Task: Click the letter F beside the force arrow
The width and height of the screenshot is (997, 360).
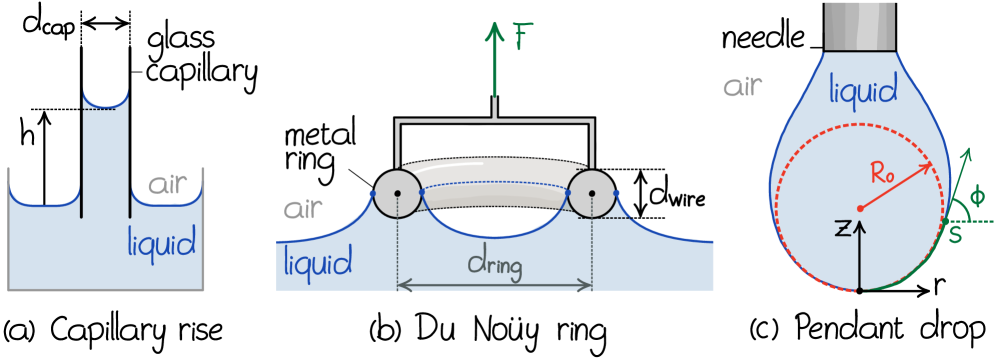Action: pos(521,38)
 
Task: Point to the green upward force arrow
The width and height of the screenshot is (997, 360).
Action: pos(495,70)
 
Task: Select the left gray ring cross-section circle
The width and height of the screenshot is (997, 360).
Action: pos(397,193)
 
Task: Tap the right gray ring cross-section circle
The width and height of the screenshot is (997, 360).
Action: pos(592,193)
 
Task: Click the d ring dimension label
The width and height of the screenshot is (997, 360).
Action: pos(494,267)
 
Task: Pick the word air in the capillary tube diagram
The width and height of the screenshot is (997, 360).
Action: pos(168,185)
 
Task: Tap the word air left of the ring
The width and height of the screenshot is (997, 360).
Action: pos(303,210)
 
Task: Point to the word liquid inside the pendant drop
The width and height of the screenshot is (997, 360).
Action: pos(863,93)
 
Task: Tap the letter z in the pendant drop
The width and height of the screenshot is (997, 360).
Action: pos(844,231)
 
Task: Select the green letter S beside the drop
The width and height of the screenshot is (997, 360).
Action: pos(955,234)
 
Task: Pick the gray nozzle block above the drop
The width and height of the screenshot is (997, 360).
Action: pos(859,25)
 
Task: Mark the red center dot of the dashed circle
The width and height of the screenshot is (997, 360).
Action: pos(860,208)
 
